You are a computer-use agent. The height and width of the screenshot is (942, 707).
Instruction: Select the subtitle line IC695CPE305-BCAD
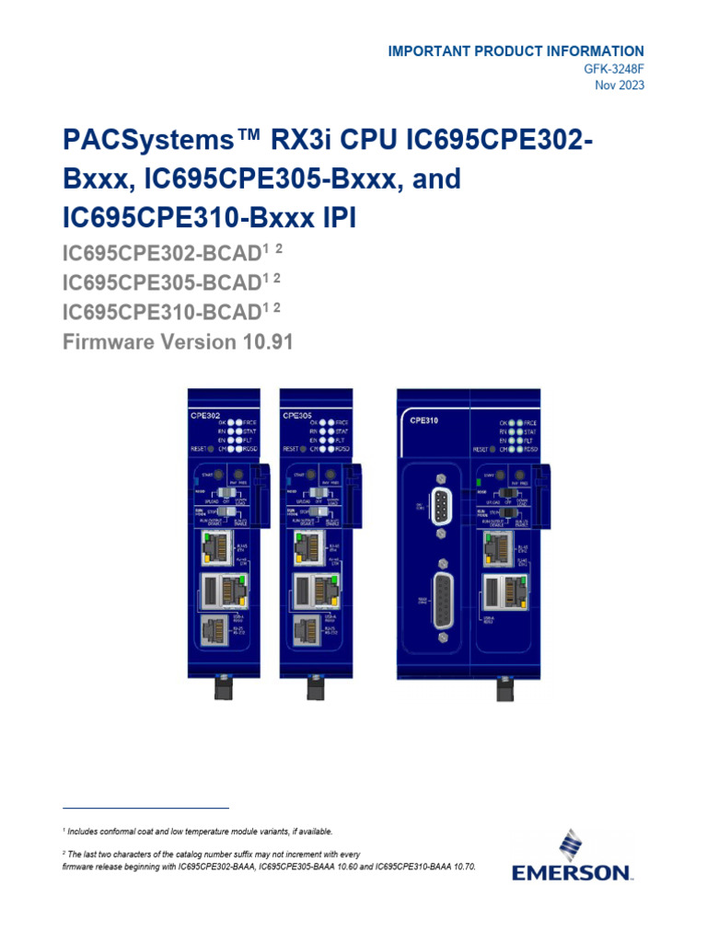pyautogui.click(x=156, y=281)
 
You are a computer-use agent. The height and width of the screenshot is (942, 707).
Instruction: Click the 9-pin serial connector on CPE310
pyautogui.click(x=440, y=506)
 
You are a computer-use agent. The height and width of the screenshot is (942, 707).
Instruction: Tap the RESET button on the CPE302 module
pyautogui.click(x=212, y=450)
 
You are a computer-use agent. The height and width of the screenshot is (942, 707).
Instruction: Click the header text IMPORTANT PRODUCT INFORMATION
pyautogui.click(x=516, y=52)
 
